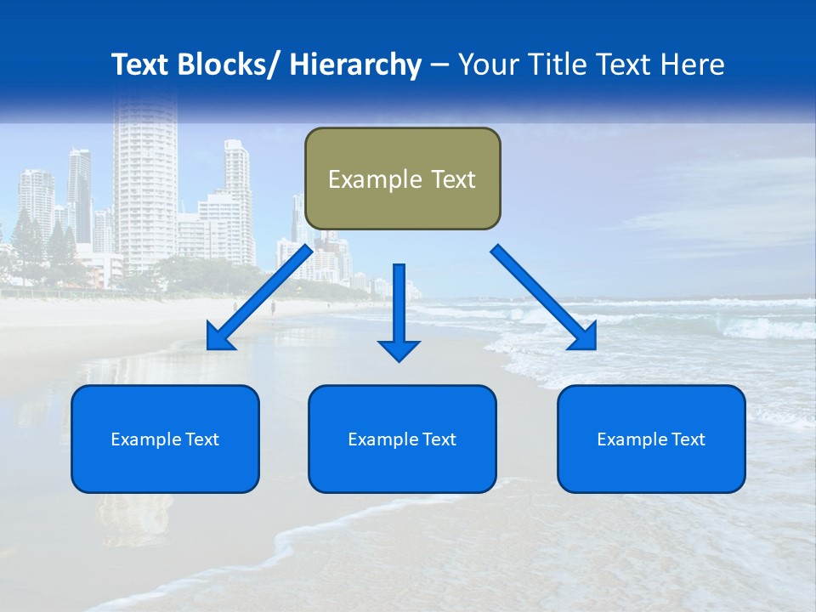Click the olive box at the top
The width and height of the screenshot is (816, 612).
click(x=402, y=178)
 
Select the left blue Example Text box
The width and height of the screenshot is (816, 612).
click(x=165, y=439)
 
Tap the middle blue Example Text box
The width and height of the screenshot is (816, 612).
click(x=402, y=439)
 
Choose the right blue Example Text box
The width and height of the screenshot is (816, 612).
click(x=651, y=439)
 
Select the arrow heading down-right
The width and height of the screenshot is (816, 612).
click(x=544, y=297)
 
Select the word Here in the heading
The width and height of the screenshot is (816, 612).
click(x=694, y=65)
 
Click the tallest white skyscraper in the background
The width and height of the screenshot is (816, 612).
click(x=144, y=178)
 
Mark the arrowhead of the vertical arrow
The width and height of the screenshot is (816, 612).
click(x=399, y=349)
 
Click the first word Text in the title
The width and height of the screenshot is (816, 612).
click(x=141, y=65)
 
